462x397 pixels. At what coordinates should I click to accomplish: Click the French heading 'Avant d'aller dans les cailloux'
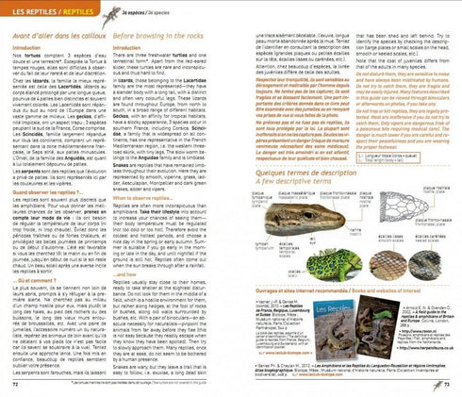point(53,29)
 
